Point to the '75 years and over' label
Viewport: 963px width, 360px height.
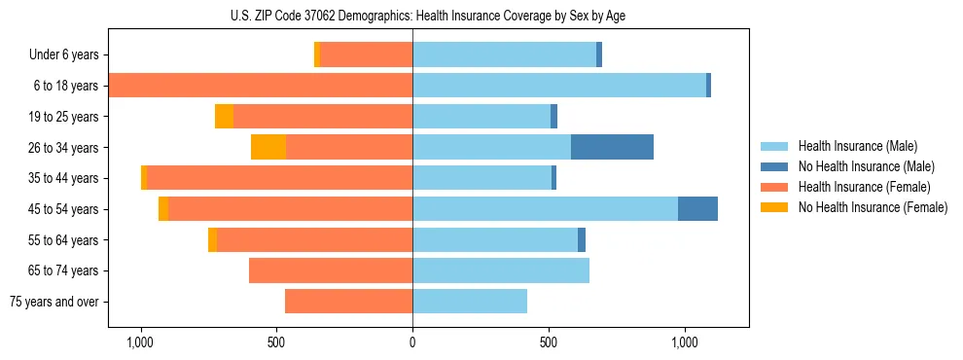pyautogui.click(x=53, y=302)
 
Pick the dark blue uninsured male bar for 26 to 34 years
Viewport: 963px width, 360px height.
pyautogui.click(x=612, y=147)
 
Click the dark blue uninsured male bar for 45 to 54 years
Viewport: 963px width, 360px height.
pyautogui.click(x=697, y=209)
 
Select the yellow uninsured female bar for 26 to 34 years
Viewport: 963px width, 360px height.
pyautogui.click(x=268, y=147)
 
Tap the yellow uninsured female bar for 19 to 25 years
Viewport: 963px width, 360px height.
pyautogui.click(x=225, y=117)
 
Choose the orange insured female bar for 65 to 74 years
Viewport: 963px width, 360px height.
pyautogui.click(x=331, y=270)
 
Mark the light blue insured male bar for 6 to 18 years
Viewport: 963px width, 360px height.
pyautogui.click(x=559, y=86)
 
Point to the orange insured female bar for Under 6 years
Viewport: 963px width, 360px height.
pyautogui.click(x=367, y=54)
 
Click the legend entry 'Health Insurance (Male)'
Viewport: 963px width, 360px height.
pyautogui.click(x=857, y=146)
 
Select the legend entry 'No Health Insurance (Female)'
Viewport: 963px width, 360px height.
pyautogui.click(x=872, y=207)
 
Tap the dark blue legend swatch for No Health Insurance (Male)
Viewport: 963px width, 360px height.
pyautogui.click(x=775, y=166)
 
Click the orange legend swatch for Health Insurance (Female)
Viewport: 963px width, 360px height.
pyautogui.click(x=775, y=187)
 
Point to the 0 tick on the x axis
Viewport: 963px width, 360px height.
pyautogui.click(x=412, y=342)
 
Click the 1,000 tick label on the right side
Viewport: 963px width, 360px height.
pyautogui.click(x=684, y=342)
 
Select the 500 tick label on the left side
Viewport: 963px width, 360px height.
pyautogui.click(x=276, y=342)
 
